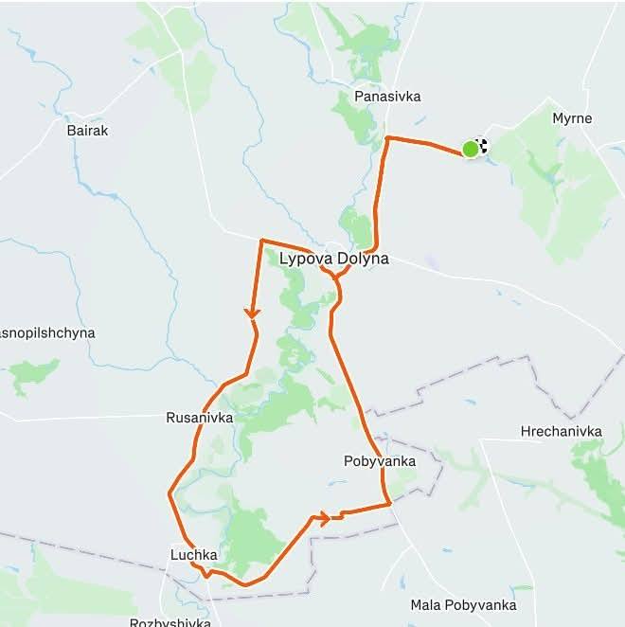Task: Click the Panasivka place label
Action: (386, 97)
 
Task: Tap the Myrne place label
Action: (572, 119)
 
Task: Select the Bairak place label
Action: (88, 131)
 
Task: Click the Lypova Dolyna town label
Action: (333, 258)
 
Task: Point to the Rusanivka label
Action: (194, 417)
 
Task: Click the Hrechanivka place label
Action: (561, 432)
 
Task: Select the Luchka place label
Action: (194, 555)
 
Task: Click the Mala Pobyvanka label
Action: (463, 604)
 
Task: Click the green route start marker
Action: (470, 149)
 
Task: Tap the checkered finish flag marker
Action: (482, 145)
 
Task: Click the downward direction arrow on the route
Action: (253, 312)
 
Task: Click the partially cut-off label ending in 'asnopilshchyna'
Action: (47, 333)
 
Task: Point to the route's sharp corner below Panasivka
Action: (387, 138)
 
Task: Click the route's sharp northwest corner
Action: (261, 241)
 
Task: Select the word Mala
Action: (427, 604)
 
